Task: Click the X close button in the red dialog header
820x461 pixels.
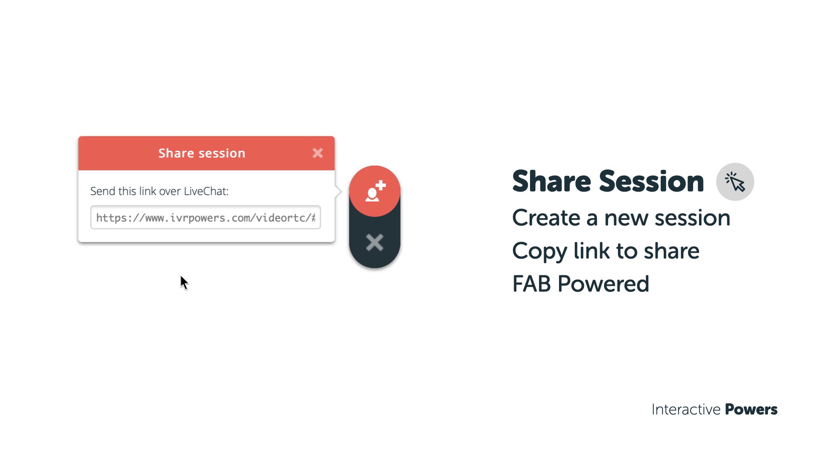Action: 318,153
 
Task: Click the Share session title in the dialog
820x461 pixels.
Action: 202,153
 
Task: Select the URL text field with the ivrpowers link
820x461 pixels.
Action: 205,217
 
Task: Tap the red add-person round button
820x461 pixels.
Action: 375,191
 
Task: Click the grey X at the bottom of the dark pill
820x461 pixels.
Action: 375,242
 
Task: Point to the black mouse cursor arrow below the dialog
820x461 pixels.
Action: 184,283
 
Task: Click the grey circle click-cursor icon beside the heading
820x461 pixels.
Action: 735,182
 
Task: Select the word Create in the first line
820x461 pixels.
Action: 546,218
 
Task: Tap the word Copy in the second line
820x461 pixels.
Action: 539,251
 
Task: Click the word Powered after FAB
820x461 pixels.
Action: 603,284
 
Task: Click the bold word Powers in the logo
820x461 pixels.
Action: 751,409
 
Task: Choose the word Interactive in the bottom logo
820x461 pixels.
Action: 686,409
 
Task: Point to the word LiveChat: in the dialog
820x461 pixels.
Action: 206,191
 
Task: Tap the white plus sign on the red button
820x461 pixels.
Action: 381,186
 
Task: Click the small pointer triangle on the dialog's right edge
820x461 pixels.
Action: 338,191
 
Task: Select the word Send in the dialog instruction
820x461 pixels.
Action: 102,191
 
